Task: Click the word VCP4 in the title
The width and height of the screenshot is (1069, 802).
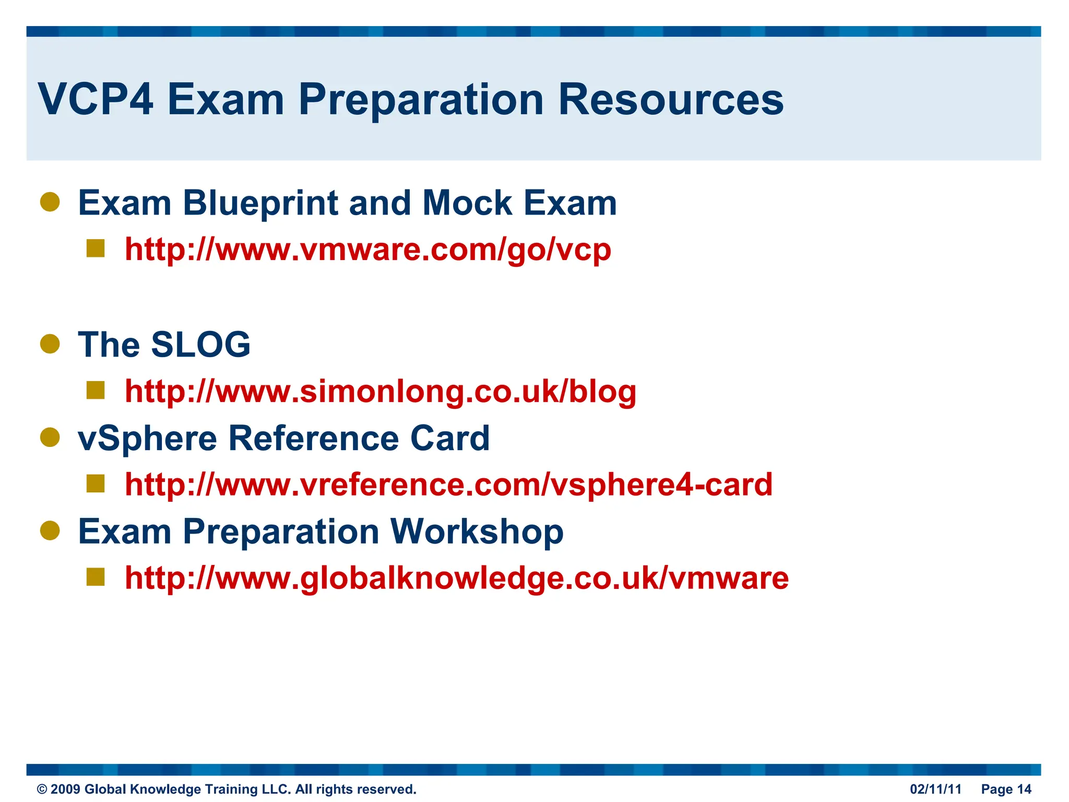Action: (96, 99)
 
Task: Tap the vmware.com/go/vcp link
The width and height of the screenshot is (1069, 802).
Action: (368, 250)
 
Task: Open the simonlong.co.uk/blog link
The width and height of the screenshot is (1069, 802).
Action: (381, 391)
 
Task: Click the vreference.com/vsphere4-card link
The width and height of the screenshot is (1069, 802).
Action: (448, 485)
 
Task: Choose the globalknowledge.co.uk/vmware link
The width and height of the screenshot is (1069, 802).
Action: (457, 578)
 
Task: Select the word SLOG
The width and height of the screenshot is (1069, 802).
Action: (200, 345)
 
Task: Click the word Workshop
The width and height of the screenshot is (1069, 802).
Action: (477, 532)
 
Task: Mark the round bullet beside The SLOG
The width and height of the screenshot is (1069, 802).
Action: (50, 344)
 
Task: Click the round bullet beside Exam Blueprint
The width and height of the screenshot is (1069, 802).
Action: (50, 202)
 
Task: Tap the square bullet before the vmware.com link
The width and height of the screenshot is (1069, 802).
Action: (96, 249)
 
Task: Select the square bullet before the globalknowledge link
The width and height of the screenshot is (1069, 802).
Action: (96, 577)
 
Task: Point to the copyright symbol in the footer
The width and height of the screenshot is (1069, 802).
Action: (42, 789)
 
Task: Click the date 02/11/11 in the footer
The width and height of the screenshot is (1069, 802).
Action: (935, 789)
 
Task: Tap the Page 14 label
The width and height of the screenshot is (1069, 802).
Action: (1006, 789)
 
